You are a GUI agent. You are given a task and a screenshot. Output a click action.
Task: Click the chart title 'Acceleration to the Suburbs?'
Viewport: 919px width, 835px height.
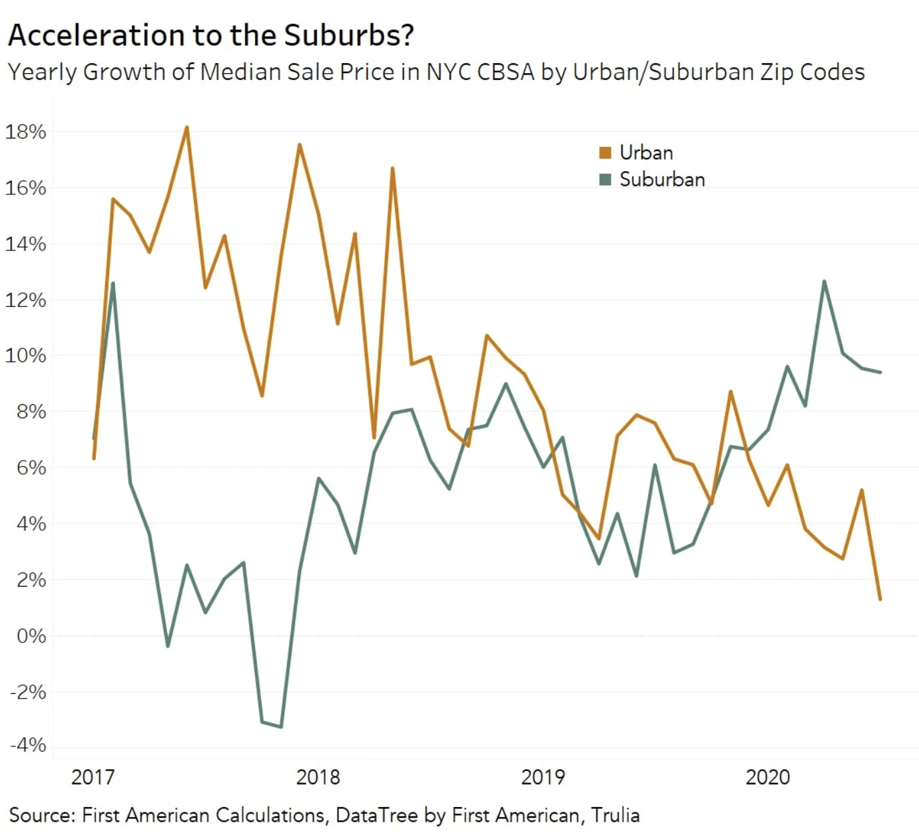tap(210, 35)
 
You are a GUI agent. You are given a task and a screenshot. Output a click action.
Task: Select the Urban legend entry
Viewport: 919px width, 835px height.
tap(645, 152)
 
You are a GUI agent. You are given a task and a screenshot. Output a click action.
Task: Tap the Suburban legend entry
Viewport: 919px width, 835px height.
tap(661, 179)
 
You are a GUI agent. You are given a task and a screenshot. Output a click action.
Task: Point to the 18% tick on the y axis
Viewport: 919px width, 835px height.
tap(25, 131)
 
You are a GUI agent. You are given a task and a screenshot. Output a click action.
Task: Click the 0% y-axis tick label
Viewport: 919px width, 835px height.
tap(31, 636)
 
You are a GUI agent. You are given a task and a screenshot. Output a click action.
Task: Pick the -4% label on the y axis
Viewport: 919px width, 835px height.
tap(28, 744)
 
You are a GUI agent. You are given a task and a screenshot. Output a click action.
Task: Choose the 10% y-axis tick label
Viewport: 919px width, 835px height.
tap(25, 355)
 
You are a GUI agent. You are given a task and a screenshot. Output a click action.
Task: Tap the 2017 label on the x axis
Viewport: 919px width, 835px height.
tap(93, 776)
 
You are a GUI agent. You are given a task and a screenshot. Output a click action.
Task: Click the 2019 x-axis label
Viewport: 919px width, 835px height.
tap(543, 776)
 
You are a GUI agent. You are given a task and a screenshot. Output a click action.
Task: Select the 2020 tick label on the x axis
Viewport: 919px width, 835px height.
tap(767, 776)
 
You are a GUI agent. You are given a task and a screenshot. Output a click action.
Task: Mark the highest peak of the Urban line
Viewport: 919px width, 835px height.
tap(187, 127)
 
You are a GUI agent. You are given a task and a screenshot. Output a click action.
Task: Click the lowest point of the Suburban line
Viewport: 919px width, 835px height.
tap(281, 726)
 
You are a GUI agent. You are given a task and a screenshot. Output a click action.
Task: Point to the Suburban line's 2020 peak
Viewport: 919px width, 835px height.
tap(824, 282)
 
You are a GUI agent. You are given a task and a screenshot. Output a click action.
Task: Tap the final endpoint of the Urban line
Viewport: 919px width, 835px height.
tap(880, 599)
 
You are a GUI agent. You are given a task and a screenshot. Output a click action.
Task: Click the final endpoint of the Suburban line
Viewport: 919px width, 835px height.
tap(881, 372)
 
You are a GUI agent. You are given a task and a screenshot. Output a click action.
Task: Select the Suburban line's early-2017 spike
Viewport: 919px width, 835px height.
tap(113, 284)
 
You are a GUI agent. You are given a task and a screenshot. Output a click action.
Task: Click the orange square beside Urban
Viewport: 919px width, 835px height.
tap(605, 152)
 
